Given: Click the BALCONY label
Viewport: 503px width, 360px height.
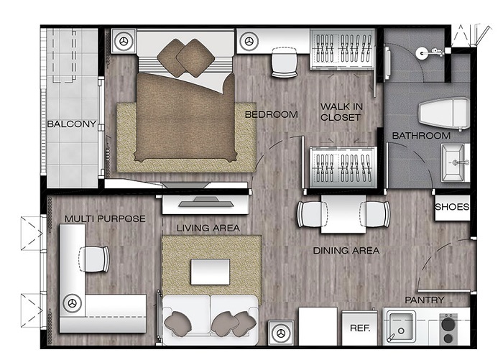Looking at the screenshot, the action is tap(72, 124).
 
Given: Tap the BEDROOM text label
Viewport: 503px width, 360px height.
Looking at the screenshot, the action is tap(272, 114).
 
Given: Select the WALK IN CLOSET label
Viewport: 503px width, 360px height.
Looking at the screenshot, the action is tap(341, 112).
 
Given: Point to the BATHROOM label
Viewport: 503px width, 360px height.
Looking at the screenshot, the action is tap(421, 136).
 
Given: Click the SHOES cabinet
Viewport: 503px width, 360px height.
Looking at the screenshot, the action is tap(452, 207).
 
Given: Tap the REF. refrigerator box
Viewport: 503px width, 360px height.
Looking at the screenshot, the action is tap(359, 328).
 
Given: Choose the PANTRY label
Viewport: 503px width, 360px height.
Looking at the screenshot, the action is tap(425, 300).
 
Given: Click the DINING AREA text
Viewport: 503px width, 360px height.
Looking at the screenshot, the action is tap(346, 251).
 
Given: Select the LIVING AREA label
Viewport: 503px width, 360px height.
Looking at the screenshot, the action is tap(208, 228).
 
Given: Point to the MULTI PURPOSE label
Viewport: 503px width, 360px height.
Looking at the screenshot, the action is tap(105, 219).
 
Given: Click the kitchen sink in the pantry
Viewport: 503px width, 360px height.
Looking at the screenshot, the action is tap(400, 327).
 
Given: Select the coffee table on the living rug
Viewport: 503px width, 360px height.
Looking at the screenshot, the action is tap(210, 272).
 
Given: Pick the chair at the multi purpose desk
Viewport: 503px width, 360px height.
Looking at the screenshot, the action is tap(93, 259).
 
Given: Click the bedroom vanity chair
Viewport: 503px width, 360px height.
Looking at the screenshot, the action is tap(285, 63).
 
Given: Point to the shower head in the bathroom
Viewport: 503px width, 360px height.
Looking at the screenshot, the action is tap(430, 53).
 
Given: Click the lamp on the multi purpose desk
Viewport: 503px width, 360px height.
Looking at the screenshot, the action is tap(72, 303).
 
